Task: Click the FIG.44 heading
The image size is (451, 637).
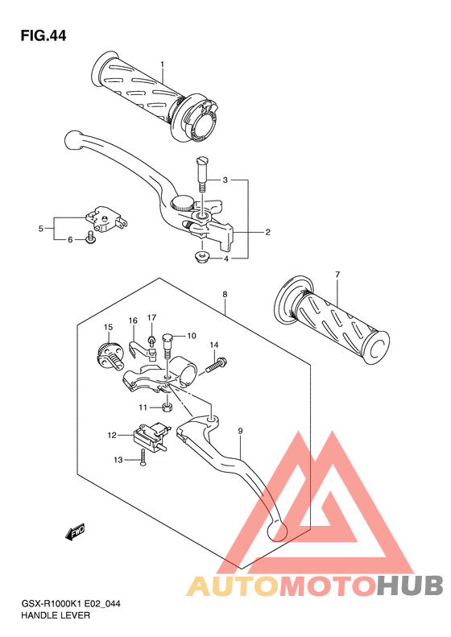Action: [x=43, y=35]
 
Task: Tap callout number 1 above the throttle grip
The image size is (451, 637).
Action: [x=162, y=64]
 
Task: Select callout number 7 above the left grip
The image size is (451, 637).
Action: [x=337, y=275]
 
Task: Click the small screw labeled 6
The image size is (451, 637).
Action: [x=90, y=238]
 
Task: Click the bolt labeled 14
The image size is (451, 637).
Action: [x=217, y=365]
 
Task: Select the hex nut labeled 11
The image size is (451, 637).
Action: [x=167, y=407]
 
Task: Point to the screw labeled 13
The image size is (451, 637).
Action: [x=143, y=458]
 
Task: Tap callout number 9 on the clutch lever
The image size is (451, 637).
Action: [x=241, y=431]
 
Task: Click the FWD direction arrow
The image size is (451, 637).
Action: [x=75, y=532]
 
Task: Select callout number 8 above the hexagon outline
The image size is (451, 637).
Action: [x=225, y=295]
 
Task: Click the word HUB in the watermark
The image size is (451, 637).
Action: [x=409, y=585]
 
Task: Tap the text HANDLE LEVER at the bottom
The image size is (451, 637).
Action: [x=56, y=615]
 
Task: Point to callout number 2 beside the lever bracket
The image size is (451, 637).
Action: [x=267, y=233]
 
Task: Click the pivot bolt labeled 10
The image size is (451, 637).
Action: [x=168, y=345]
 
